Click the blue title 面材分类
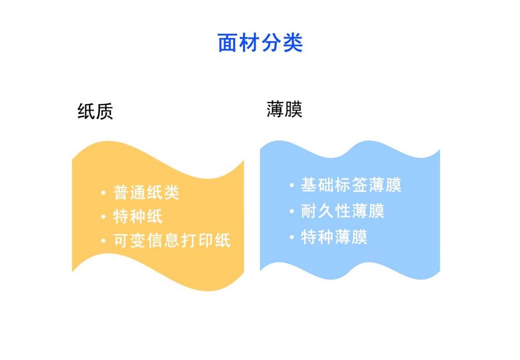pos(260,43)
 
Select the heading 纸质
pos(95,111)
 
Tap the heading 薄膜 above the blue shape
pos(284,109)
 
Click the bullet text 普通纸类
pos(146,192)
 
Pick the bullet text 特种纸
pos(138,216)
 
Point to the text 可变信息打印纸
pos(172,240)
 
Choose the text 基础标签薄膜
pos(351,185)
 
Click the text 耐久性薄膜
pos(343,211)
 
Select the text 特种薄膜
pos(334,237)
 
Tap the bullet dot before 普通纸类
pos(103,193)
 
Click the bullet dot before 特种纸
pos(103,217)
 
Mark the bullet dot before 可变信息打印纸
pos(103,241)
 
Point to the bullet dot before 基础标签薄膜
pos(292,185)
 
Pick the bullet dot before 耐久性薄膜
pos(292,211)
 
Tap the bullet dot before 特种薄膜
pos(292,237)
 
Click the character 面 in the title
pos(227,43)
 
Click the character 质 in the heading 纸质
pos(105,111)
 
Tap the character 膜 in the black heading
pos(293,109)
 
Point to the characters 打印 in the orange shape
pos(197,240)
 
